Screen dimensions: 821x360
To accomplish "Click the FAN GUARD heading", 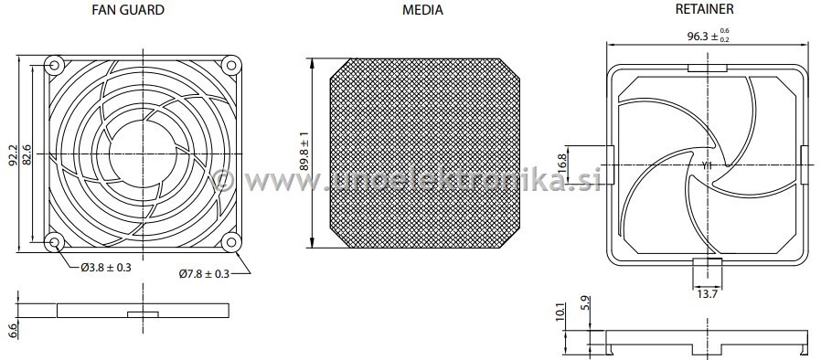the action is [128, 9].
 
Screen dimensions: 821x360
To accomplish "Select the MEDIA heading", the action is [422, 10].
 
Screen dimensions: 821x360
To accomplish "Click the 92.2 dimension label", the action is [13, 155].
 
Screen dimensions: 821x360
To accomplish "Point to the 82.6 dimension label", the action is [27, 155].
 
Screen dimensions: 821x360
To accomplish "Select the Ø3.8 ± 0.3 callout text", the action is [106, 268].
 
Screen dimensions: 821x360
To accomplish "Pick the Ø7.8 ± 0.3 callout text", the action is [204, 273].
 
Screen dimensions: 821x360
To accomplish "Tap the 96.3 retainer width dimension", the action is [709, 37].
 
